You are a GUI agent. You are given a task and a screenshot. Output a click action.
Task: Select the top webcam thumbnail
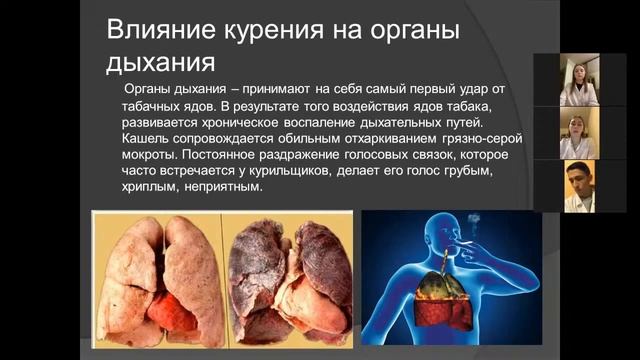click(580, 80)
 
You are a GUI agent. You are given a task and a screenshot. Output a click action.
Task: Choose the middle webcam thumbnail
click(580, 133)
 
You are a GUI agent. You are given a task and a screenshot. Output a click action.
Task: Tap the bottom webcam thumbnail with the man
click(580, 186)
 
